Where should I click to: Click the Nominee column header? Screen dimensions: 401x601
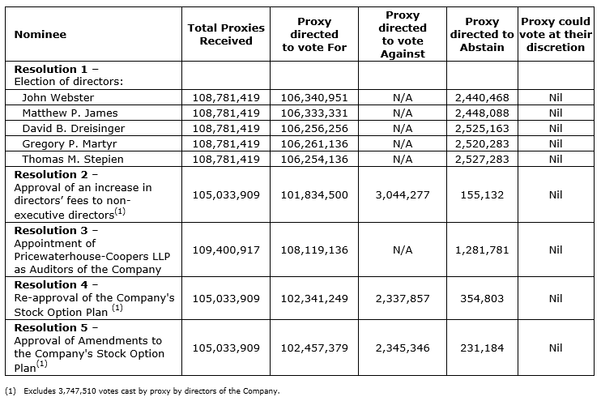click(40, 34)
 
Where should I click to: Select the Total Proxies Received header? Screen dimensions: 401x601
click(226, 34)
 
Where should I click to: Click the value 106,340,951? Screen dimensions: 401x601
click(314, 97)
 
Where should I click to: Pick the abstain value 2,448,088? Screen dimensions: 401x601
click(482, 113)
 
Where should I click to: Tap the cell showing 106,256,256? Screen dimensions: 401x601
click(314, 128)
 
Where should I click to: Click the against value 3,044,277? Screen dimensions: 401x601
click(403, 195)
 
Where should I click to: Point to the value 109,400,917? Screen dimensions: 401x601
click(226, 250)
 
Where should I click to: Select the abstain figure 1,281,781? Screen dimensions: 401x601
click(482, 250)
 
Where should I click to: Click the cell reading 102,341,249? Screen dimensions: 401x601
click(314, 299)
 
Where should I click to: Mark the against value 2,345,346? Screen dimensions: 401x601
click(403, 348)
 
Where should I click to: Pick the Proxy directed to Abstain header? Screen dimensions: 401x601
click(482, 34)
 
